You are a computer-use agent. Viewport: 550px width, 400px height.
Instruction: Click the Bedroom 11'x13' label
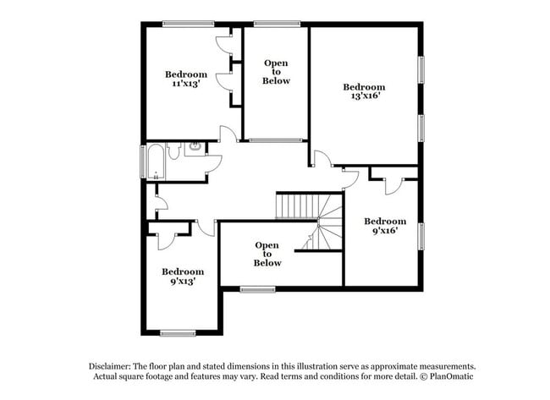click(185, 79)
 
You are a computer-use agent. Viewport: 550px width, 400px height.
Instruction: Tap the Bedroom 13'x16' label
click(364, 91)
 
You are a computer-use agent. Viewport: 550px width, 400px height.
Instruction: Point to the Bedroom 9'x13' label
click(183, 277)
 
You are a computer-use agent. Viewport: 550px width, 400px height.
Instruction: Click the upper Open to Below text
click(276, 72)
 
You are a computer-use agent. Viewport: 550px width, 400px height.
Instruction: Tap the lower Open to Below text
click(267, 254)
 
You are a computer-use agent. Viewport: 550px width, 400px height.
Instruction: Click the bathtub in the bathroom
click(156, 161)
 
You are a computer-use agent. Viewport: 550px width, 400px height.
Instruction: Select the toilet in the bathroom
click(174, 151)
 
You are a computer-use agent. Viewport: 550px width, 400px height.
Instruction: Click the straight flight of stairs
click(295, 205)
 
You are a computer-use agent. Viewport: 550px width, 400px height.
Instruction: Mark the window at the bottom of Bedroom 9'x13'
click(179, 332)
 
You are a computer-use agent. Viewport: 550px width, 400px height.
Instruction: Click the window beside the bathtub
click(142, 161)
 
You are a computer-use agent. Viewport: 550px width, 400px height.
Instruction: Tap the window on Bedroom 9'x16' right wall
click(420, 238)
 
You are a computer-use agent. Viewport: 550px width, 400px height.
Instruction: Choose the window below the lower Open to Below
click(257, 289)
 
